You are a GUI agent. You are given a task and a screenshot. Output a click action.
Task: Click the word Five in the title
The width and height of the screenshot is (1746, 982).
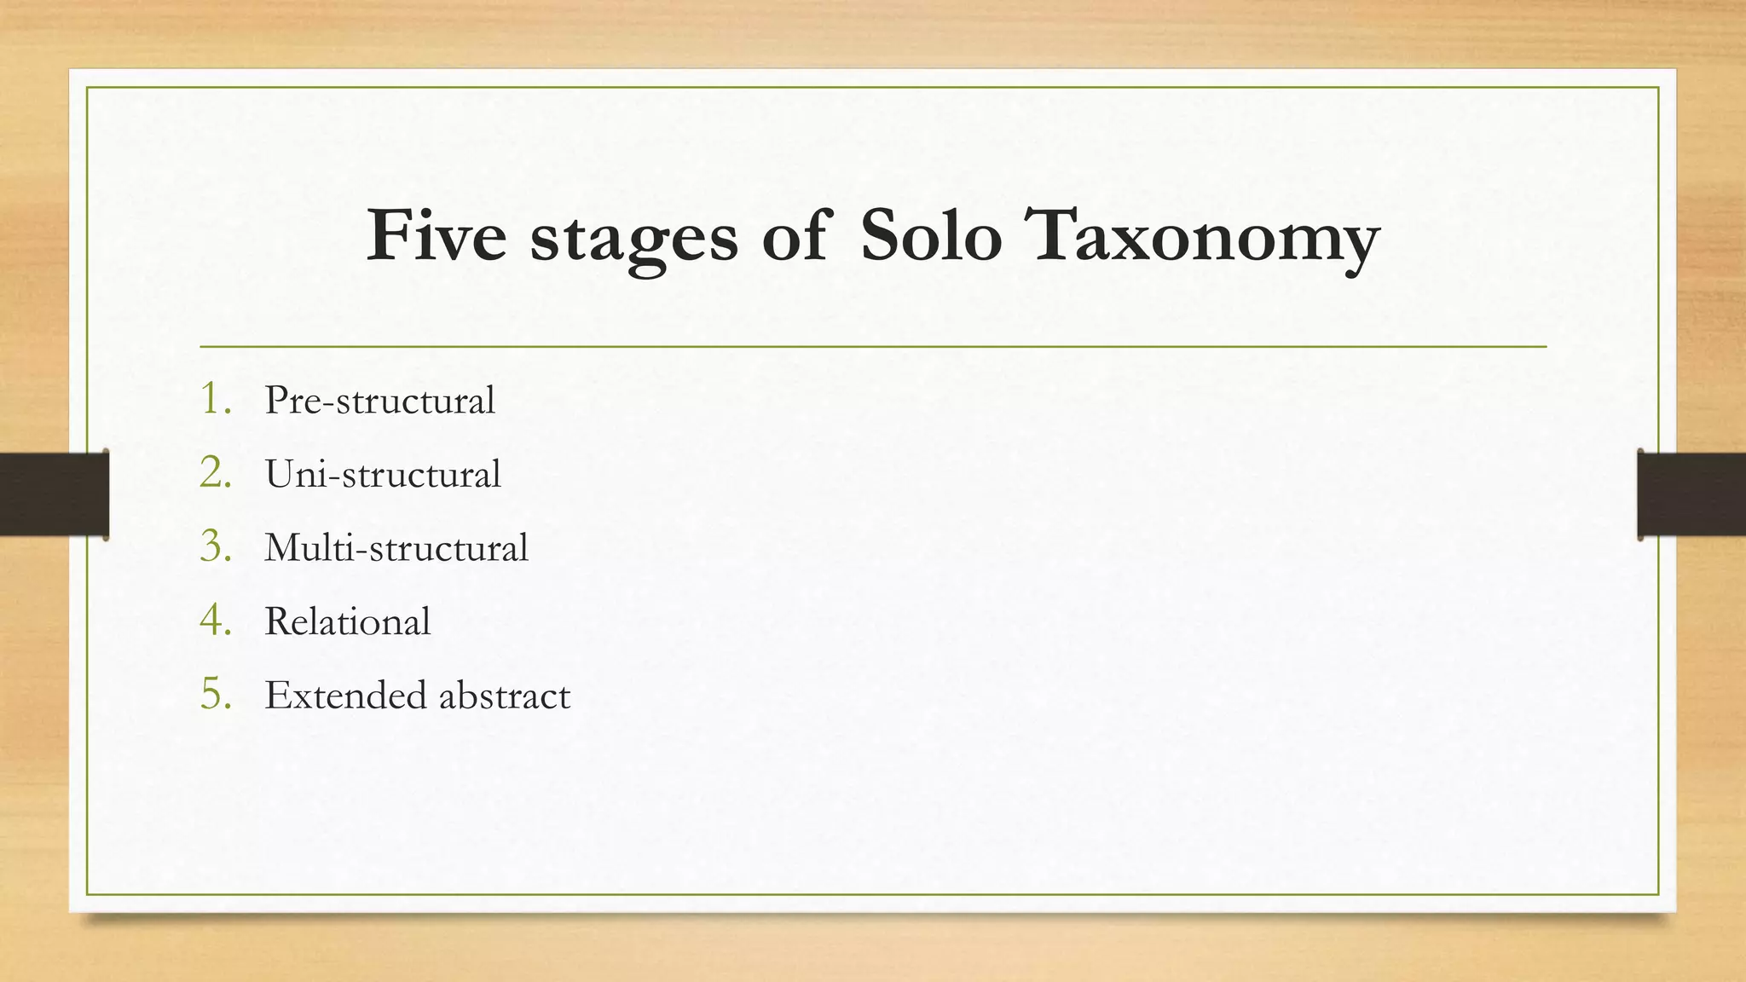point(436,235)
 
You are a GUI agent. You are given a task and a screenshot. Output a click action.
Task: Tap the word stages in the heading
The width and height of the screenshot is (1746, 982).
point(633,239)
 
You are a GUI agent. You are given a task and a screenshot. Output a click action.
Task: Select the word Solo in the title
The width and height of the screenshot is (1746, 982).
point(931,235)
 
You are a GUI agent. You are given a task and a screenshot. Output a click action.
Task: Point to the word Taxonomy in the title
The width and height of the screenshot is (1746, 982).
point(1205,239)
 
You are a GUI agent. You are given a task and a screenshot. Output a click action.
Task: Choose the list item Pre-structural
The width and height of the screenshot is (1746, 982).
point(379,400)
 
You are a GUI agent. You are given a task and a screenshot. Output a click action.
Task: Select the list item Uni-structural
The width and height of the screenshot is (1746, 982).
point(383,474)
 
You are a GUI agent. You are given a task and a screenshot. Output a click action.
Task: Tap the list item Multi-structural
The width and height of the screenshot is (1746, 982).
point(396,547)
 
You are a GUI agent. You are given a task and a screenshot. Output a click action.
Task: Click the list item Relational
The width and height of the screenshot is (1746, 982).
point(347,621)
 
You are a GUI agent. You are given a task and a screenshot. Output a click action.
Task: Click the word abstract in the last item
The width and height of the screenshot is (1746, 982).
point(504,695)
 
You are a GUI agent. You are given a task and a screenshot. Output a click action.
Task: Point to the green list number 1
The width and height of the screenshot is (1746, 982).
point(215,399)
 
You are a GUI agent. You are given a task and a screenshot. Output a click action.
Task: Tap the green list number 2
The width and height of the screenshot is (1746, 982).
point(215,472)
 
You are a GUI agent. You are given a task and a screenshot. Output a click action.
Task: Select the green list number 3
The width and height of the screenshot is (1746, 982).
point(215,546)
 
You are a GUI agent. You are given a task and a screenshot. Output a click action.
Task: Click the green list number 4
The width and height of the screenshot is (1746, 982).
point(215,620)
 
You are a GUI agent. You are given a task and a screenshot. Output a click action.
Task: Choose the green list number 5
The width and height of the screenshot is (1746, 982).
point(215,694)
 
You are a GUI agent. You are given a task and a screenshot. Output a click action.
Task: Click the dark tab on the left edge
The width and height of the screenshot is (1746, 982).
point(54,494)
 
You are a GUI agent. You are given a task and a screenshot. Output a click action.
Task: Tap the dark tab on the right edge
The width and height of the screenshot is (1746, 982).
point(1692,494)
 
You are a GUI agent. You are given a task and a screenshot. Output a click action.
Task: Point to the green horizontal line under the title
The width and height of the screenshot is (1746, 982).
point(873,347)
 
